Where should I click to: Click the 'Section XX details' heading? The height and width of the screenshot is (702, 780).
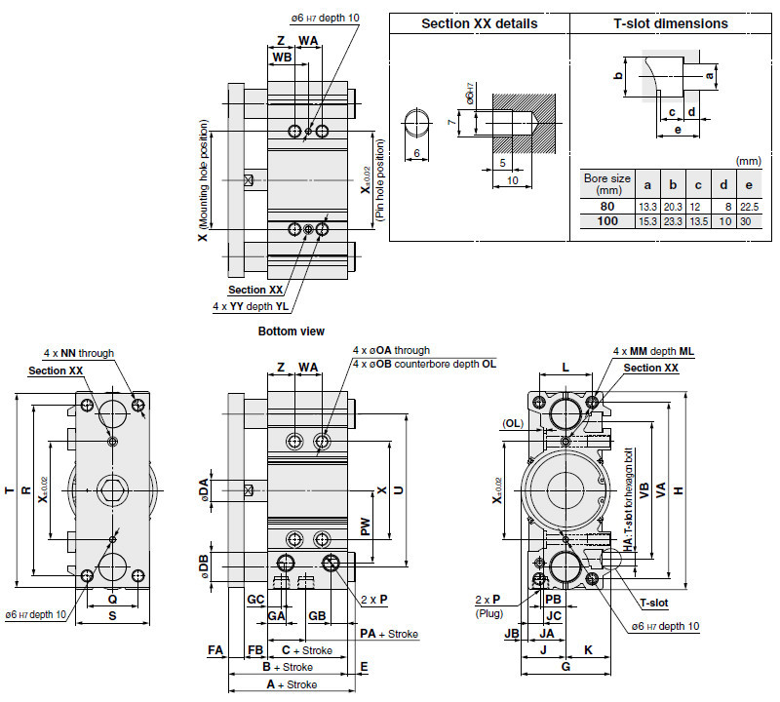479,23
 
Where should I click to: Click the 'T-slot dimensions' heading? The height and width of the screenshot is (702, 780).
671,23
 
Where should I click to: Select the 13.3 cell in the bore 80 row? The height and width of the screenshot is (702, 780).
647,207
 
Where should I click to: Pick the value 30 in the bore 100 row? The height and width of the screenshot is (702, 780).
749,222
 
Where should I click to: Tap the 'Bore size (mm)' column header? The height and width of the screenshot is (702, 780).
607,184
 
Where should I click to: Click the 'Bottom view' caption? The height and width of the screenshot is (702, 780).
291,331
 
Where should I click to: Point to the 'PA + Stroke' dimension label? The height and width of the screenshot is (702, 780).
388,634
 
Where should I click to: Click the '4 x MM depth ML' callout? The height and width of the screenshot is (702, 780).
652,351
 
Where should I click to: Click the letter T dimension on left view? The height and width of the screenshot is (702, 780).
10,490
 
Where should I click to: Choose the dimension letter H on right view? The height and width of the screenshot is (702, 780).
704,490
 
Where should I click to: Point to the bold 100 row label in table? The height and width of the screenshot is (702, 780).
607,222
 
